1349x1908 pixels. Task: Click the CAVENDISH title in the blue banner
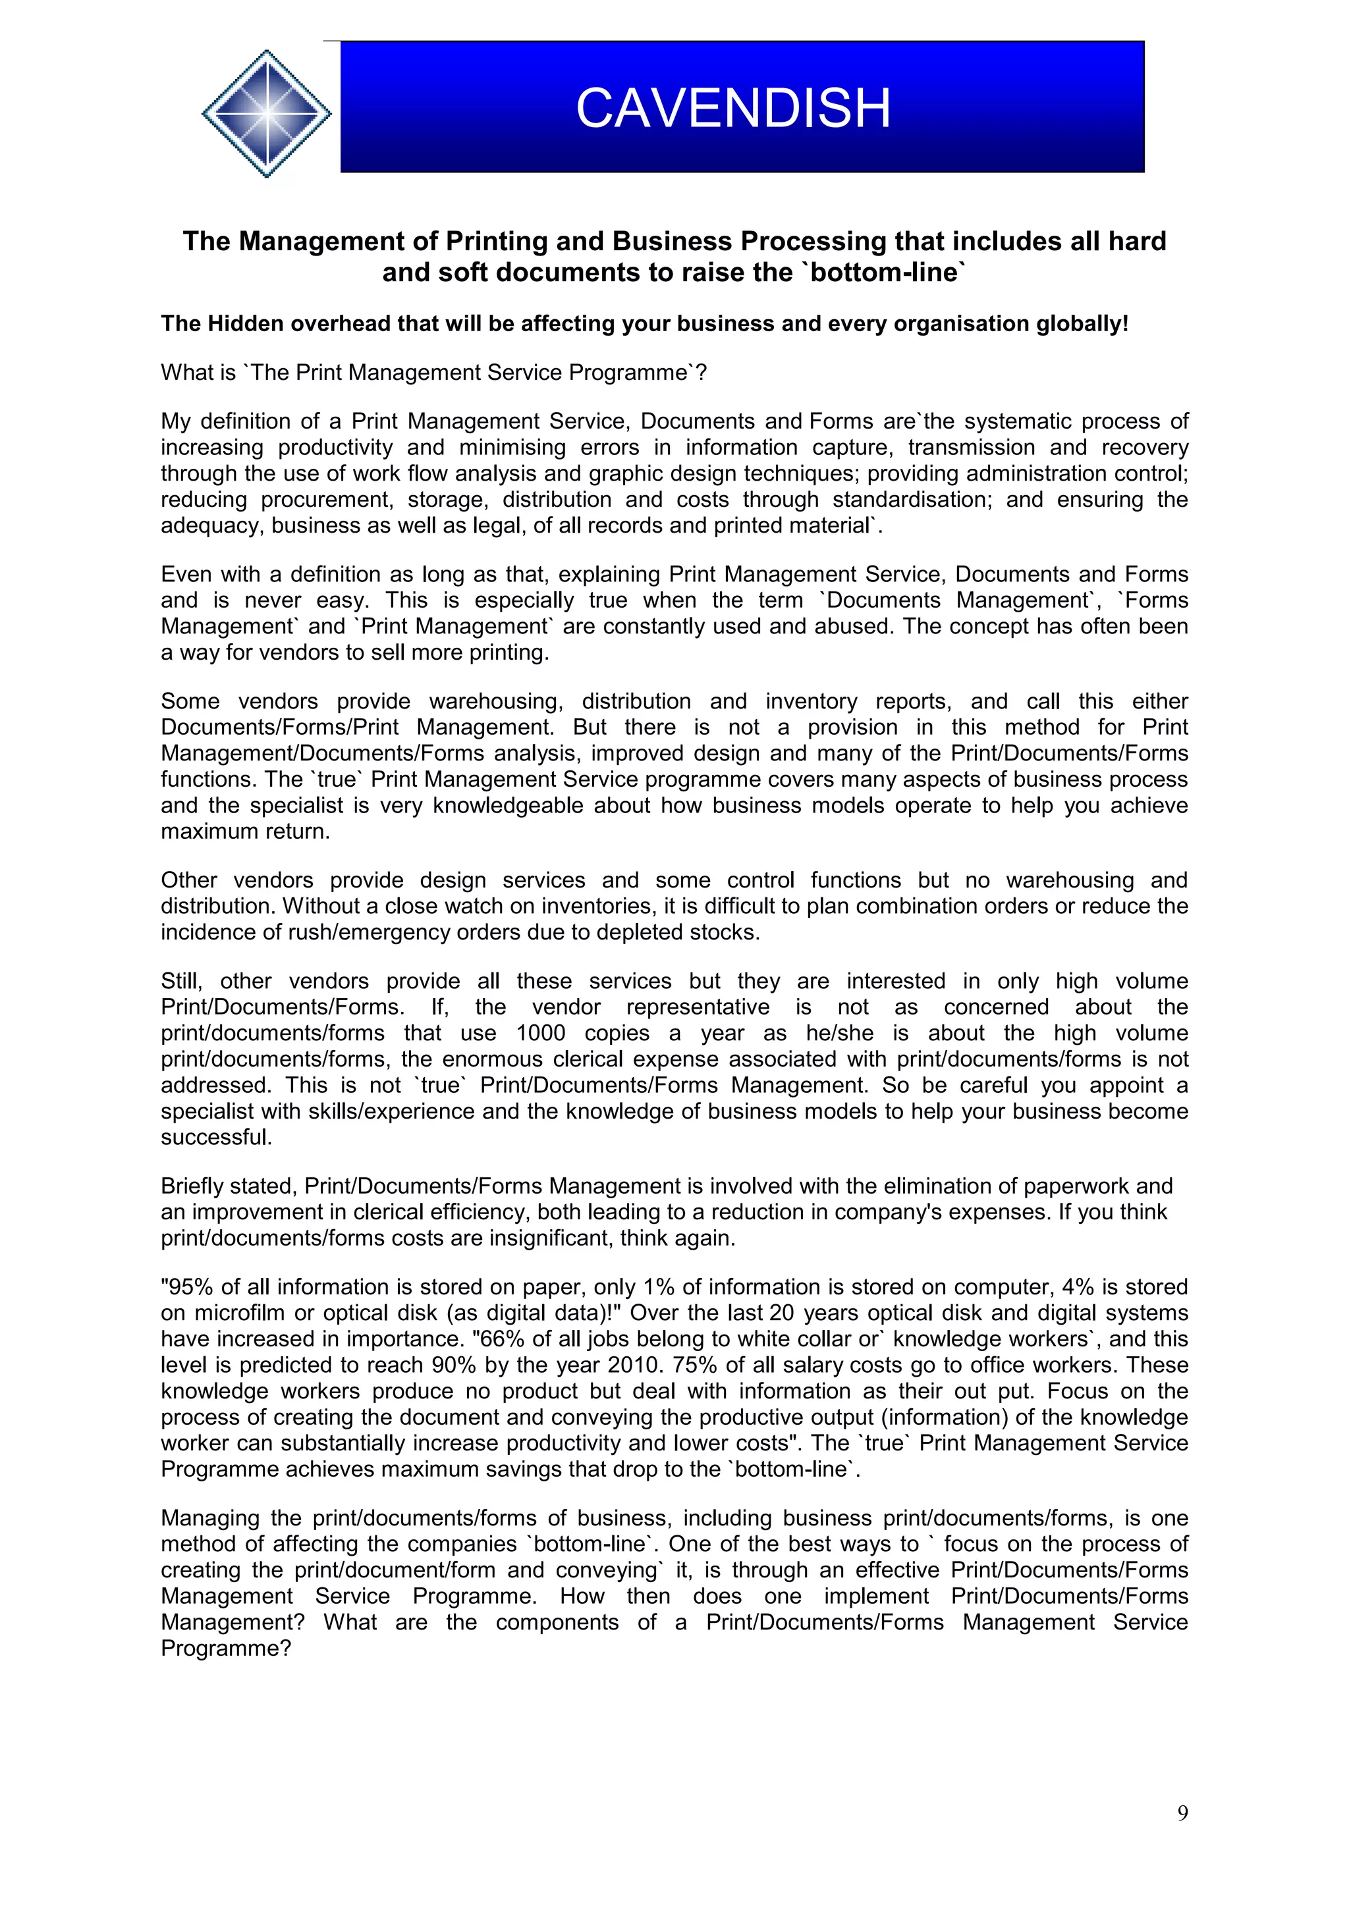pyautogui.click(x=732, y=108)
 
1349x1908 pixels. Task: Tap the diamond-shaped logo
pyautogui.click(x=267, y=113)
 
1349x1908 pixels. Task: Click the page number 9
pyautogui.click(x=1182, y=1813)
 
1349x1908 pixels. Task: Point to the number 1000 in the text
pyautogui.click(x=540, y=1033)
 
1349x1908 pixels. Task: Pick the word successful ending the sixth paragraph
pyautogui.click(x=216, y=1137)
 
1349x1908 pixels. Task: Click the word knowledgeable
pyautogui.click(x=508, y=805)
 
